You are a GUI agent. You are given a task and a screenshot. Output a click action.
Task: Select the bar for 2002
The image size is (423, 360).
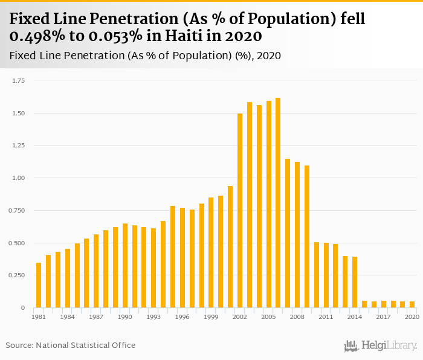(x=240, y=211)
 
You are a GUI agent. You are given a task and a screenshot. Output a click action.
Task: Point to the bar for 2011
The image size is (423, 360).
(x=326, y=275)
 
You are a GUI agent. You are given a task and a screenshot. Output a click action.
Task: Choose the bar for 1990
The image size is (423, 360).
(x=125, y=266)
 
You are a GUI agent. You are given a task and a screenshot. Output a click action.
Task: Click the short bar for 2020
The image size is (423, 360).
(x=412, y=304)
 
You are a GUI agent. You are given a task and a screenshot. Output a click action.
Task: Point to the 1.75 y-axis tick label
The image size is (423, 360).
(x=18, y=80)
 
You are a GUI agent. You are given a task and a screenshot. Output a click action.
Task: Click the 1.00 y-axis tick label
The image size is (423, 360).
(x=18, y=178)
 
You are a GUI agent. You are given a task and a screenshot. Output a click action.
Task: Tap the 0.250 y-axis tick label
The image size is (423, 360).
(x=17, y=275)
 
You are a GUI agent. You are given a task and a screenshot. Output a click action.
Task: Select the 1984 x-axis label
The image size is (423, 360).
(x=68, y=317)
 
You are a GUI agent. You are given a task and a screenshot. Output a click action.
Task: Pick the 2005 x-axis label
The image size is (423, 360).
(x=268, y=317)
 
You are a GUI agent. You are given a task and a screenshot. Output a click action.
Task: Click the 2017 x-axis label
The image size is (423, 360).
(x=384, y=317)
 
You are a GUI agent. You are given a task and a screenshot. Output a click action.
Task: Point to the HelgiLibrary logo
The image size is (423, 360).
(x=380, y=346)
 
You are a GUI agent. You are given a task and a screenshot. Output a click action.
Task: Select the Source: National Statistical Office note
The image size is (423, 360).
(x=71, y=345)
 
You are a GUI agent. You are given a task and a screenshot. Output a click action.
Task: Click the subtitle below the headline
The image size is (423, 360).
(x=145, y=56)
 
